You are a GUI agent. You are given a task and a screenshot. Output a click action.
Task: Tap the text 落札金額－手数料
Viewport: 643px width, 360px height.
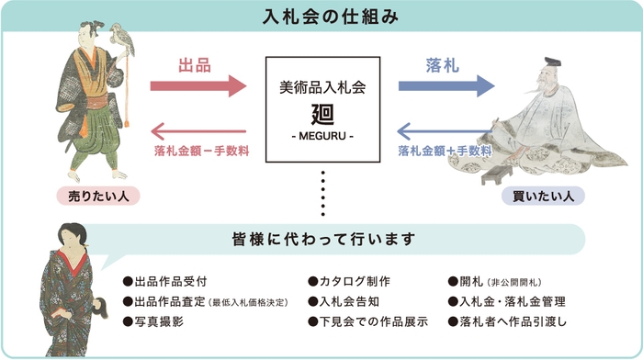click(205, 149)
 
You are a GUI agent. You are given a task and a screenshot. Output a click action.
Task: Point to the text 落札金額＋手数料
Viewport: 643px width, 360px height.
click(444, 149)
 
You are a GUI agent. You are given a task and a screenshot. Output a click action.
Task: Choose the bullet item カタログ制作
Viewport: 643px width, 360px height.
click(349, 281)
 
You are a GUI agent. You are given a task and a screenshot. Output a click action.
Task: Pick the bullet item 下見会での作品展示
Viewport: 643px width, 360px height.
click(368, 322)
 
